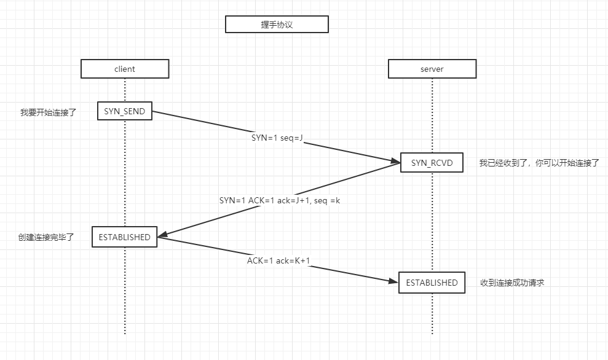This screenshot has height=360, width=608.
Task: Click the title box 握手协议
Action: (x=277, y=24)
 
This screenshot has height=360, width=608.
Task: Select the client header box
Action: (x=125, y=69)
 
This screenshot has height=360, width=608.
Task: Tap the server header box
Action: (x=432, y=69)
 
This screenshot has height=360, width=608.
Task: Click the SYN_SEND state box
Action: (x=125, y=111)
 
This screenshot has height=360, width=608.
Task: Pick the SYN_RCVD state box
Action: (x=432, y=163)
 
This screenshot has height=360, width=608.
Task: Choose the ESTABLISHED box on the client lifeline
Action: (x=125, y=237)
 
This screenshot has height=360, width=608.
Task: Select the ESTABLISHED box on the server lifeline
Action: (x=432, y=283)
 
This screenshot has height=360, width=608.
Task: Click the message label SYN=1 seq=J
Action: (x=277, y=138)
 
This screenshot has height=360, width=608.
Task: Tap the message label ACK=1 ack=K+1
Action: (x=279, y=260)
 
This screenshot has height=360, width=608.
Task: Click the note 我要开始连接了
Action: (x=48, y=112)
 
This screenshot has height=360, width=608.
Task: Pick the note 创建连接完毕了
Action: (x=46, y=237)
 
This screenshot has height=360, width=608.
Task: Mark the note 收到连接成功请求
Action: (x=513, y=283)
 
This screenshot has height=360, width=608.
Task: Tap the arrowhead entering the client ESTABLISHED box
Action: (x=163, y=234)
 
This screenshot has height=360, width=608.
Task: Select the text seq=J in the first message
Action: (x=292, y=138)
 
